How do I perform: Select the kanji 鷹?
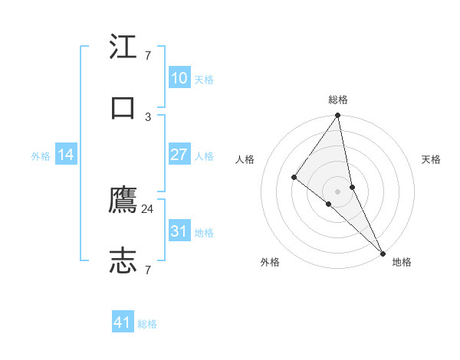123,201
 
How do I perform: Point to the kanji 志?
123,261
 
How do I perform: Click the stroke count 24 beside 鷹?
148,209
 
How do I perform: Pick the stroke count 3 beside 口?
148,116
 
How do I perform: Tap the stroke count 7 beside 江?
148,56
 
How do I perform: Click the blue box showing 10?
179,78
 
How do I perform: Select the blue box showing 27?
179,155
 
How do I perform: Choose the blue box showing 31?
179,231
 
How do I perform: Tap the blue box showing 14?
66,155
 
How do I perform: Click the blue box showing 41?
123,323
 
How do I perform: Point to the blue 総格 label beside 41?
147,324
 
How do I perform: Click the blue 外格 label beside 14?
41,155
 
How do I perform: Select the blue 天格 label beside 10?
204,79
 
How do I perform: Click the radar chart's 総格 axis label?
338,100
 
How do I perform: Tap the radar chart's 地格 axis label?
402,262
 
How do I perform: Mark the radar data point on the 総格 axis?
338,116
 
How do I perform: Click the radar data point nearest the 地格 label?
382,252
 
